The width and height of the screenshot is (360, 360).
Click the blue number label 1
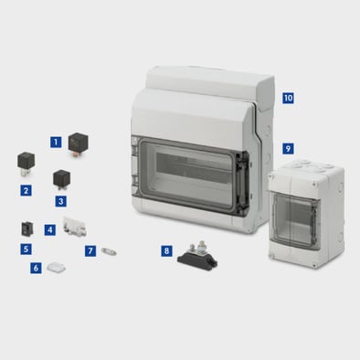pyautogui.click(x=56, y=142)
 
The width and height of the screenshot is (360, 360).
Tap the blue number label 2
pyautogui.click(x=26, y=191)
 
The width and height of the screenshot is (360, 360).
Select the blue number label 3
pyautogui.click(x=61, y=201)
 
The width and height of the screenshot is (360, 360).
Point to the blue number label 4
pyautogui.click(x=50, y=229)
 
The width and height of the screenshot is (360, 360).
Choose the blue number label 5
pyautogui.click(x=26, y=249)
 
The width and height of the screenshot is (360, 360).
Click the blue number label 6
pyautogui.click(x=36, y=268)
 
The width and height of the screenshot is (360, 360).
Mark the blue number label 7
pyautogui.click(x=90, y=251)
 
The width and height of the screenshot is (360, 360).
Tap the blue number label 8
pyautogui.click(x=166, y=251)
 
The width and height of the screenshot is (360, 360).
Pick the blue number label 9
pyautogui.click(x=288, y=149)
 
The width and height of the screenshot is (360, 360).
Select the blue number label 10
pyautogui.click(x=288, y=98)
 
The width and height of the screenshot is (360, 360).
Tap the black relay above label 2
pyautogui.click(x=26, y=164)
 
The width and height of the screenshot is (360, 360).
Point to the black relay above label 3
pyautogui.click(x=62, y=179)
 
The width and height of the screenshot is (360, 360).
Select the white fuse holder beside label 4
pyautogui.click(x=74, y=228)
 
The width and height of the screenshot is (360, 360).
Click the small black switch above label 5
pyautogui.click(x=27, y=229)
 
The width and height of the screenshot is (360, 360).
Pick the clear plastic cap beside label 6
pyautogui.click(x=57, y=268)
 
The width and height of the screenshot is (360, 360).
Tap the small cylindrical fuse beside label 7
pyautogui.click(x=109, y=252)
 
